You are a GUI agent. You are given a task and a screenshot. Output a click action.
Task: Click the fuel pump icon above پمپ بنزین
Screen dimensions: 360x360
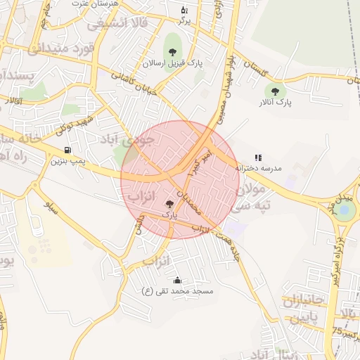click(67, 150)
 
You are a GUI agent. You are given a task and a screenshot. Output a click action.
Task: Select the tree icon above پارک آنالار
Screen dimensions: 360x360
click(274, 91)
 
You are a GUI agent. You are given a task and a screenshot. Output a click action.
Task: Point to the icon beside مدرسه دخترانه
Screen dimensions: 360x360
click(258, 157)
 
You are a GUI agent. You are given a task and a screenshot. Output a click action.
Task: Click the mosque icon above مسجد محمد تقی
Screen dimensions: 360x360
click(176, 280)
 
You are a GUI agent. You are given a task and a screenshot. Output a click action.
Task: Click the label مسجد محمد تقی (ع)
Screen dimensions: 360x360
click(177, 290)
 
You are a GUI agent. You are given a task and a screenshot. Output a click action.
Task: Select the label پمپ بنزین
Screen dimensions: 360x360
click(67, 161)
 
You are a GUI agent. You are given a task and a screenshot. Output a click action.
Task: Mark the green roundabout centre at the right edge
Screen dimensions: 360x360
click(345, 210)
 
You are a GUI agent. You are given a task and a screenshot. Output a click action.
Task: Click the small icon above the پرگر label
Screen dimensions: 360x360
click(184, 10)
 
